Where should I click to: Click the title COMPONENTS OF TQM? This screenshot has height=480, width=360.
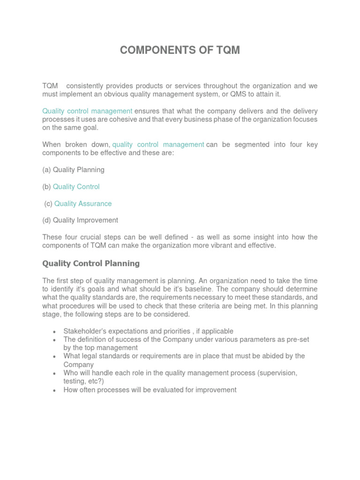(180, 51)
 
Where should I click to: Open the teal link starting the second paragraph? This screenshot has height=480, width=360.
(87, 111)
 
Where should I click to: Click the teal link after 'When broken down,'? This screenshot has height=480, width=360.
(158, 144)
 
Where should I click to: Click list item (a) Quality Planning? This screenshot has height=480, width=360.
(73, 170)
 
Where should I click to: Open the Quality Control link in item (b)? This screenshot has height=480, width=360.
(76, 187)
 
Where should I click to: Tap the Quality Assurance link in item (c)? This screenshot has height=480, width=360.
(83, 203)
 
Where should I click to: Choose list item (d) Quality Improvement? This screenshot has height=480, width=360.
(80, 220)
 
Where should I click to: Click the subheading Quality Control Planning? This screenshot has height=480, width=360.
(91, 263)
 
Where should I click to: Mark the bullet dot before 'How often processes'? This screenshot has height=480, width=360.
(55, 390)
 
